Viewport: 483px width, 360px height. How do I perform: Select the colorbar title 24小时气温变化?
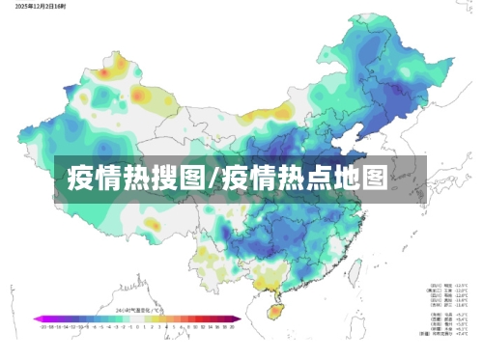pyautogui.click(x=135, y=309)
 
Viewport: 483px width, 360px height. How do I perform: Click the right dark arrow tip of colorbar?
pyautogui.click(x=238, y=318)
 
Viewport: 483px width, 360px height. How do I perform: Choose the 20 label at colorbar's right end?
pyautogui.click(x=232, y=325)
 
